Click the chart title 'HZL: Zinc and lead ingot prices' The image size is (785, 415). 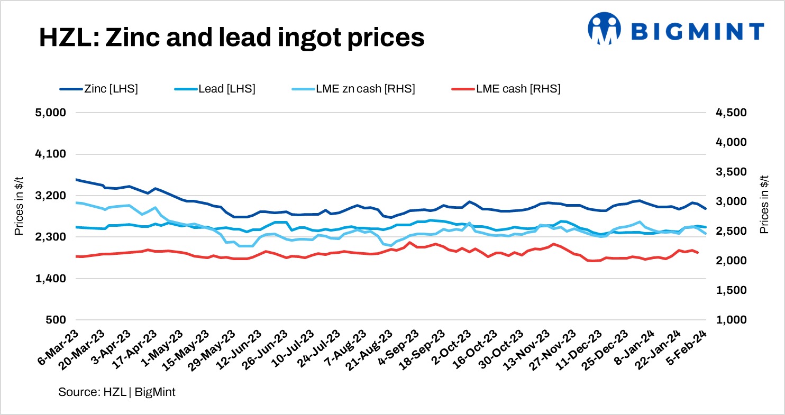point(231,38)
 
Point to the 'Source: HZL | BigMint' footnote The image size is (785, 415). point(117,392)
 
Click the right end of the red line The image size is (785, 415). point(698,253)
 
